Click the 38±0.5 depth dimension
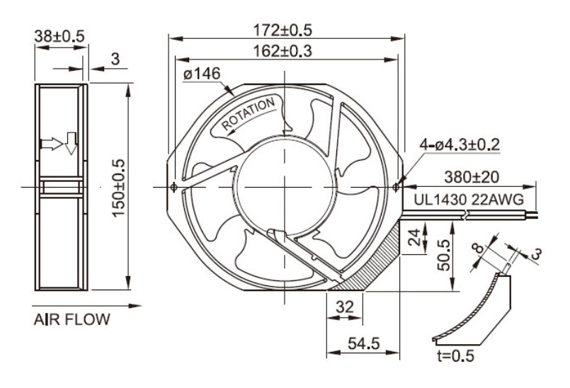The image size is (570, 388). pos(57,35)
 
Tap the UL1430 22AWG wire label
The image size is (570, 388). pos(469,200)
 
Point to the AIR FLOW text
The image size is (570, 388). pos(72,320)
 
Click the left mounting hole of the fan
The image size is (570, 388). pos(174,187)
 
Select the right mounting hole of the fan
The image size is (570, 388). pos(396,187)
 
